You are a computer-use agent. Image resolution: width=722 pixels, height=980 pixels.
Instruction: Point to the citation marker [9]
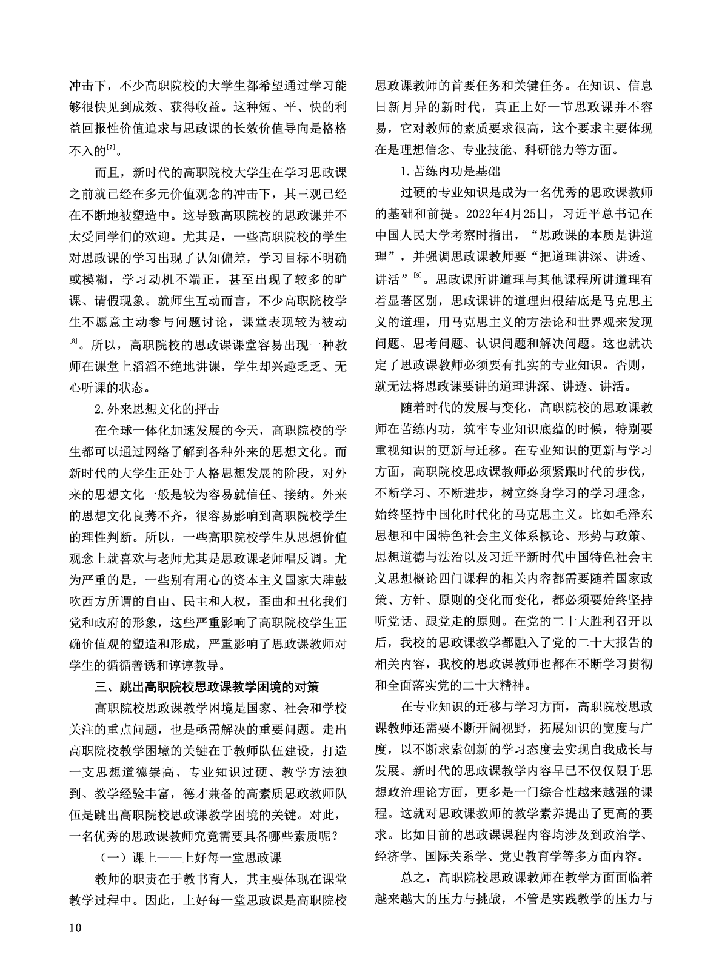pos(418,276)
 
